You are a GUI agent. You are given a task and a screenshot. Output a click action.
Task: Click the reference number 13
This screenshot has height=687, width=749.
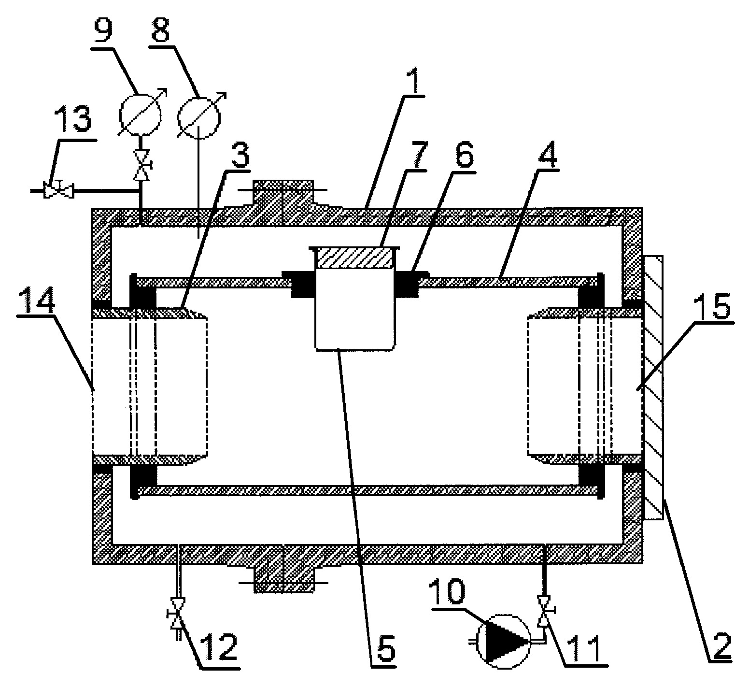(x=74, y=119)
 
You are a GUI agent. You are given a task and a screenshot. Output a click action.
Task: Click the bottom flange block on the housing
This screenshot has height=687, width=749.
(x=284, y=577)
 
